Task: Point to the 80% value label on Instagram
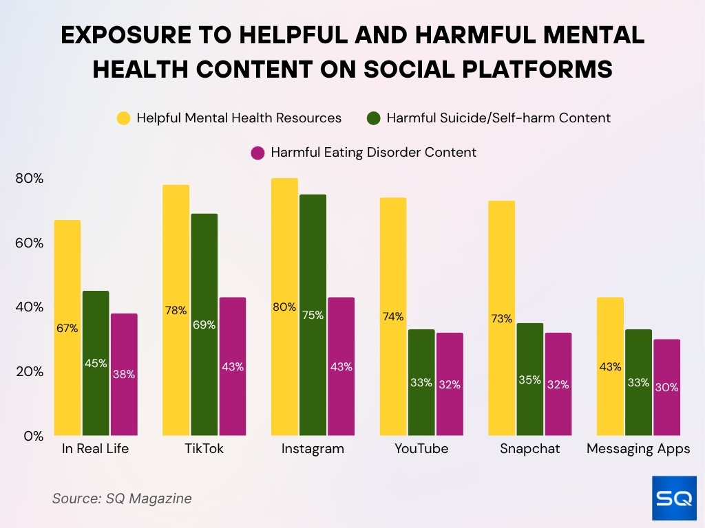(284, 307)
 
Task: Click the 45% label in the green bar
(96, 363)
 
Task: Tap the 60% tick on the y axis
(29, 243)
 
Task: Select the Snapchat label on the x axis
(529, 450)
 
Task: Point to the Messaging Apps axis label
(638, 450)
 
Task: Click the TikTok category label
(204, 450)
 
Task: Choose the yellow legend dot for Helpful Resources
(124, 118)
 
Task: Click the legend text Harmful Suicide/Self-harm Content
(498, 118)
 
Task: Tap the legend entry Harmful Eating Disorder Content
(373, 153)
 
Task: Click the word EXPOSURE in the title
(127, 36)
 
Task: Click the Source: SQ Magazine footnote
(122, 498)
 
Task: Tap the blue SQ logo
(673, 498)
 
